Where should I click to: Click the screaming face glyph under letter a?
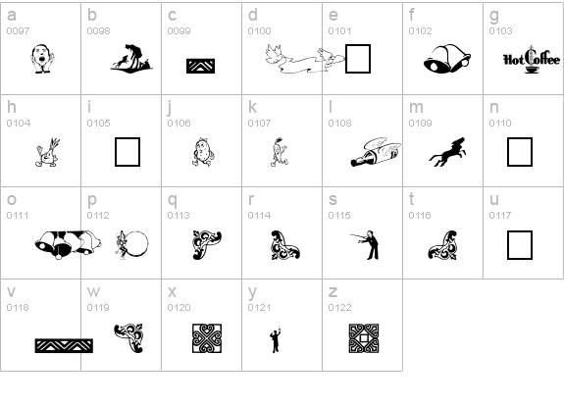42,59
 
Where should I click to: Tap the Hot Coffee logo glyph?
532,60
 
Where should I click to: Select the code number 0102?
420,31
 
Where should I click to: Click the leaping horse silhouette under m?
447,152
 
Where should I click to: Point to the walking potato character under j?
203,152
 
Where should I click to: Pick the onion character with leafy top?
47,152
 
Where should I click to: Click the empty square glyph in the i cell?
128,152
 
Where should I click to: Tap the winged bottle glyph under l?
376,152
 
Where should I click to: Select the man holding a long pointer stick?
365,245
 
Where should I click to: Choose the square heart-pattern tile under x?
207,338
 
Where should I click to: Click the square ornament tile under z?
364,338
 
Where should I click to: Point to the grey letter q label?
173,200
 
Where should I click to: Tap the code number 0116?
420,216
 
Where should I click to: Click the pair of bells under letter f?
447,59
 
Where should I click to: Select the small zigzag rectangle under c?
201,66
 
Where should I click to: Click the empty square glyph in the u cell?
520,245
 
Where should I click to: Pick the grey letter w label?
93,291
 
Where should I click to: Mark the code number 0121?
259,308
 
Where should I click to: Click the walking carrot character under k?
279,152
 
